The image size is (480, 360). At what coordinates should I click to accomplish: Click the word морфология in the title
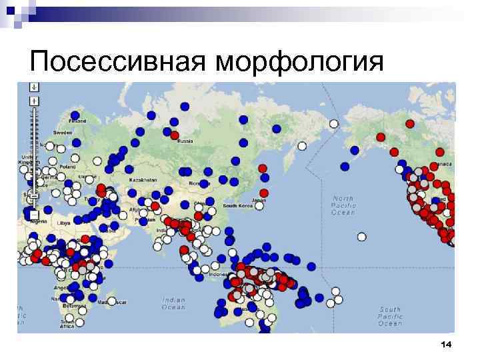pyautogui.click(x=300, y=63)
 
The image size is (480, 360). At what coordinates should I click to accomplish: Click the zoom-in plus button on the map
pyautogui.click(x=34, y=101)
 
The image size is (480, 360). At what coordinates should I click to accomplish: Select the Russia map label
pyautogui.click(x=185, y=141)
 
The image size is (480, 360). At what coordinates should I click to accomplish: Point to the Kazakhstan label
pyautogui.click(x=143, y=180)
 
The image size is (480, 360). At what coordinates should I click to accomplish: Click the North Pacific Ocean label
pyautogui.click(x=344, y=205)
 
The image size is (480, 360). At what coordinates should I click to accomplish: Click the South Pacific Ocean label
pyautogui.click(x=390, y=316)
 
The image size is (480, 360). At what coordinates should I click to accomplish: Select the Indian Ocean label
pyautogui.click(x=174, y=304)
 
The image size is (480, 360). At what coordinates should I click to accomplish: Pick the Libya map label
pyautogui.click(x=65, y=223)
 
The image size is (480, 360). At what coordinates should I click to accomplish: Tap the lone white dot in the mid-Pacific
pyautogui.click(x=361, y=236)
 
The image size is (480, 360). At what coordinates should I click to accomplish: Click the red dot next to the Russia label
pyautogui.click(x=175, y=135)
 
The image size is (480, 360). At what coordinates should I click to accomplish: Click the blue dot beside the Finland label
pyautogui.click(x=75, y=115)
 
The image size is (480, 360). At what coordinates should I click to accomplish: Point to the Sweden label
pyautogui.click(x=63, y=133)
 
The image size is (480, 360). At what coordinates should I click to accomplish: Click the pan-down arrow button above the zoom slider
pyautogui.click(x=34, y=87)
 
